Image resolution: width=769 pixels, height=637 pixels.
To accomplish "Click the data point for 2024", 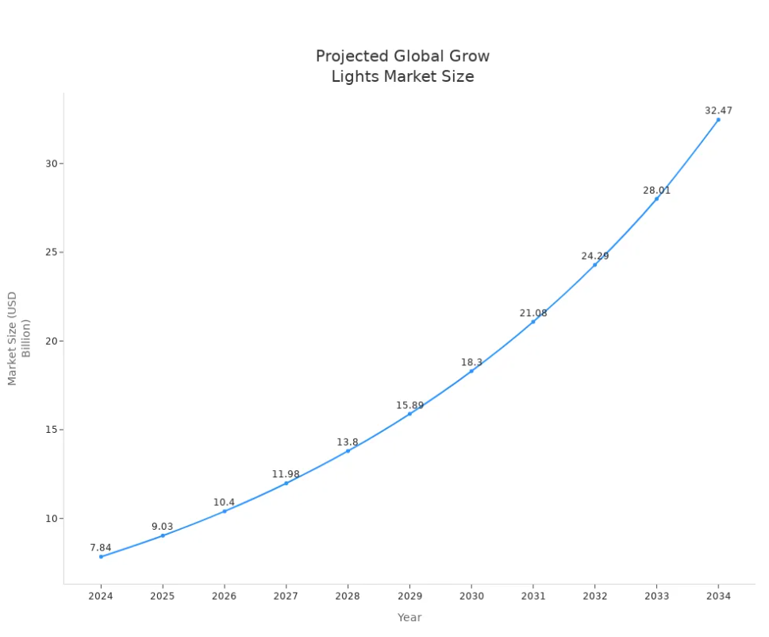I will pyautogui.click(x=101, y=557).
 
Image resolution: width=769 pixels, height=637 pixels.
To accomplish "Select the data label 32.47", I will pyautogui.click(x=718, y=111).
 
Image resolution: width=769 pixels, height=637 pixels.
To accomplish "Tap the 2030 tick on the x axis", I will pyautogui.click(x=471, y=596).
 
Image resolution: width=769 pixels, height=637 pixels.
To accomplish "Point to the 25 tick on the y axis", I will pyautogui.click(x=52, y=253).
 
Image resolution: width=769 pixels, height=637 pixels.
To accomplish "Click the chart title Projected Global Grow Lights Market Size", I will pyautogui.click(x=402, y=67).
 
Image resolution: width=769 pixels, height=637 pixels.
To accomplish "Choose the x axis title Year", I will pyautogui.click(x=409, y=618).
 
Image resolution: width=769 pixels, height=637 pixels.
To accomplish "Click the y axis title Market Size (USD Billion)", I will pyautogui.click(x=18, y=338).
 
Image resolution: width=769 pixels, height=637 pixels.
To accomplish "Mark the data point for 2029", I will pyautogui.click(x=409, y=414).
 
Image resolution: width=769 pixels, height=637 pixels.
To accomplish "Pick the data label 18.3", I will pyautogui.click(x=471, y=363).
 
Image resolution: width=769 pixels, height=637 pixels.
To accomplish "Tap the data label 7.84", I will pyautogui.click(x=101, y=548).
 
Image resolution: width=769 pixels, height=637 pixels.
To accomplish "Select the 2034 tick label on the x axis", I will pyautogui.click(x=718, y=596).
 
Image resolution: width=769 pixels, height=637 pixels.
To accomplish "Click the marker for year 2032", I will pyautogui.click(x=594, y=264).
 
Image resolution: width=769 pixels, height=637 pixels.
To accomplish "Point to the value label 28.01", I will pyautogui.click(x=656, y=191).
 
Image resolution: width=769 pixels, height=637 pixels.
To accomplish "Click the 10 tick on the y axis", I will pyautogui.click(x=52, y=519).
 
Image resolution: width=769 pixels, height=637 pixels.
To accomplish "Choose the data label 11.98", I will pyautogui.click(x=286, y=475).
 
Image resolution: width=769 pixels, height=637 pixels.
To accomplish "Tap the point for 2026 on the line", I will pyautogui.click(x=225, y=511).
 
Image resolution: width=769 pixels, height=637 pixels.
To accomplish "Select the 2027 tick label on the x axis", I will pyautogui.click(x=286, y=596).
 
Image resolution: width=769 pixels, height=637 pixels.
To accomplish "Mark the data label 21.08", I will pyautogui.click(x=533, y=314).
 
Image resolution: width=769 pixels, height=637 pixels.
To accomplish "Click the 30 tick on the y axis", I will pyautogui.click(x=52, y=164).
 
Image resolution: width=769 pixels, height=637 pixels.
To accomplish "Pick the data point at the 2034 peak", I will pyautogui.click(x=718, y=120).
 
